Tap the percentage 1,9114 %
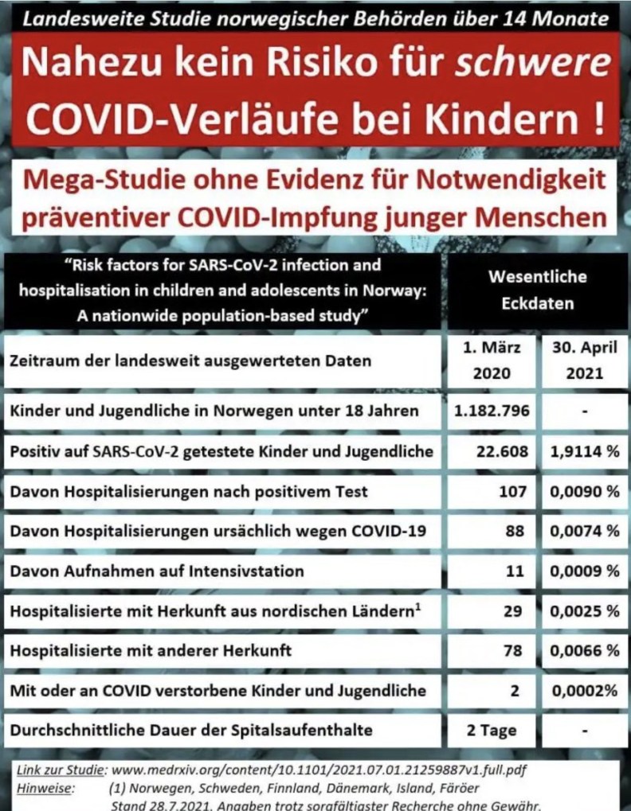583,451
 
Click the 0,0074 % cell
583,531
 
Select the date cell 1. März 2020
492,361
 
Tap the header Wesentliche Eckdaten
537,290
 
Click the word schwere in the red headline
533,62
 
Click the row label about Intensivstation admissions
157,571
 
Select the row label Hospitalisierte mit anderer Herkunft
151,650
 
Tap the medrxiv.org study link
310,770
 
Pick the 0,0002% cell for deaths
584,690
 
